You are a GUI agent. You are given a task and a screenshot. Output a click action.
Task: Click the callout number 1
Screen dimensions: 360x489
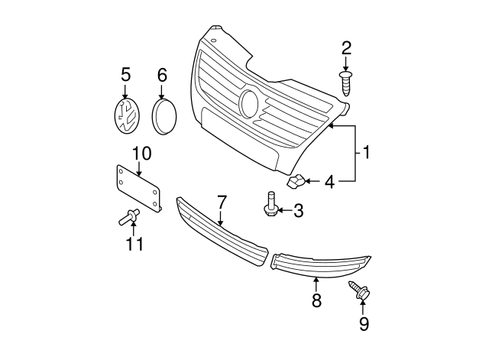(366, 153)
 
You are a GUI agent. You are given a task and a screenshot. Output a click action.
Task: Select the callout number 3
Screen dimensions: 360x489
(299, 209)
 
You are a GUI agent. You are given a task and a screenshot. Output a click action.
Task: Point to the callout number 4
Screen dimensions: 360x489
(329, 182)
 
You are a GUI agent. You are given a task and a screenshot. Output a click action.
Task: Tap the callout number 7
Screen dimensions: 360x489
(222, 202)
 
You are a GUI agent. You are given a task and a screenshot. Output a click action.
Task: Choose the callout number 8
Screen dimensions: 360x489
(316, 299)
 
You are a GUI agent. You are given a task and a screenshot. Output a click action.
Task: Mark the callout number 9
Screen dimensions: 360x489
(364, 324)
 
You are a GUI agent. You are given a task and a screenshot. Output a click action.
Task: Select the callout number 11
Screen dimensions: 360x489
(134, 244)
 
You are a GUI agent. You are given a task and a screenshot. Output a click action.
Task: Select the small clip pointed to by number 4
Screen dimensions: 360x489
(296, 182)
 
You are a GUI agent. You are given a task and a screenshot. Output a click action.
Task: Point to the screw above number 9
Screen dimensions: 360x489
(359, 290)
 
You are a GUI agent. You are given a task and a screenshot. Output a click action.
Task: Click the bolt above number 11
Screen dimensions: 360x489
(128, 219)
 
